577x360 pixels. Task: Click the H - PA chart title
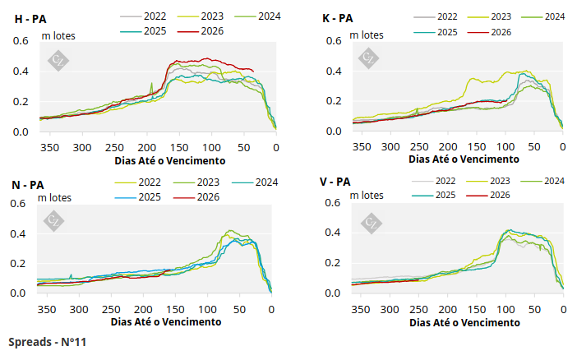pyautogui.click(x=30, y=17)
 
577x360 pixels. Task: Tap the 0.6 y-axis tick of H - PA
pyautogui.click(x=21, y=40)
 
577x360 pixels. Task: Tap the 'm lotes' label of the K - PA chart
pyautogui.click(x=367, y=35)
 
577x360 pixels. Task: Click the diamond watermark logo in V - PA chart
pyautogui.click(x=370, y=222)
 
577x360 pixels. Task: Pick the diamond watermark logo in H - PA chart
pyautogui.click(x=58, y=59)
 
